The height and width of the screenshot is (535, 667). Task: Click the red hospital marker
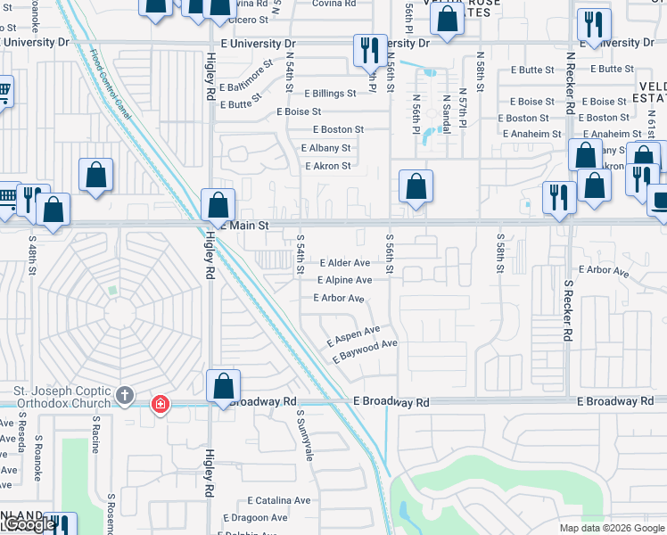click(x=161, y=405)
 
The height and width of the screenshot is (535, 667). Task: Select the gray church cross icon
click(x=126, y=395)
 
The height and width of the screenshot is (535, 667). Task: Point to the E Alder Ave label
click(x=344, y=263)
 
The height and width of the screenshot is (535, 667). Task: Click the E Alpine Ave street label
click(x=344, y=280)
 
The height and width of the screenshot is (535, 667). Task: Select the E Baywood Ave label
click(x=365, y=350)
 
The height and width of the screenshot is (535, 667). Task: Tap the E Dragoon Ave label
click(x=255, y=517)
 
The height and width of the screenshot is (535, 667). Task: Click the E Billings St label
click(x=330, y=94)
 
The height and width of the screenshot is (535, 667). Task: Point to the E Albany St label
click(x=326, y=148)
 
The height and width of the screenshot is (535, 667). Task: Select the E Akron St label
click(x=328, y=166)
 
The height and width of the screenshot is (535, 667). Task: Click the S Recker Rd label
click(x=568, y=310)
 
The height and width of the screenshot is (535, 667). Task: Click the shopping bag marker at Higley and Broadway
click(x=224, y=386)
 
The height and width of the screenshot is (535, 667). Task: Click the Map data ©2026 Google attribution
click(x=612, y=528)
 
